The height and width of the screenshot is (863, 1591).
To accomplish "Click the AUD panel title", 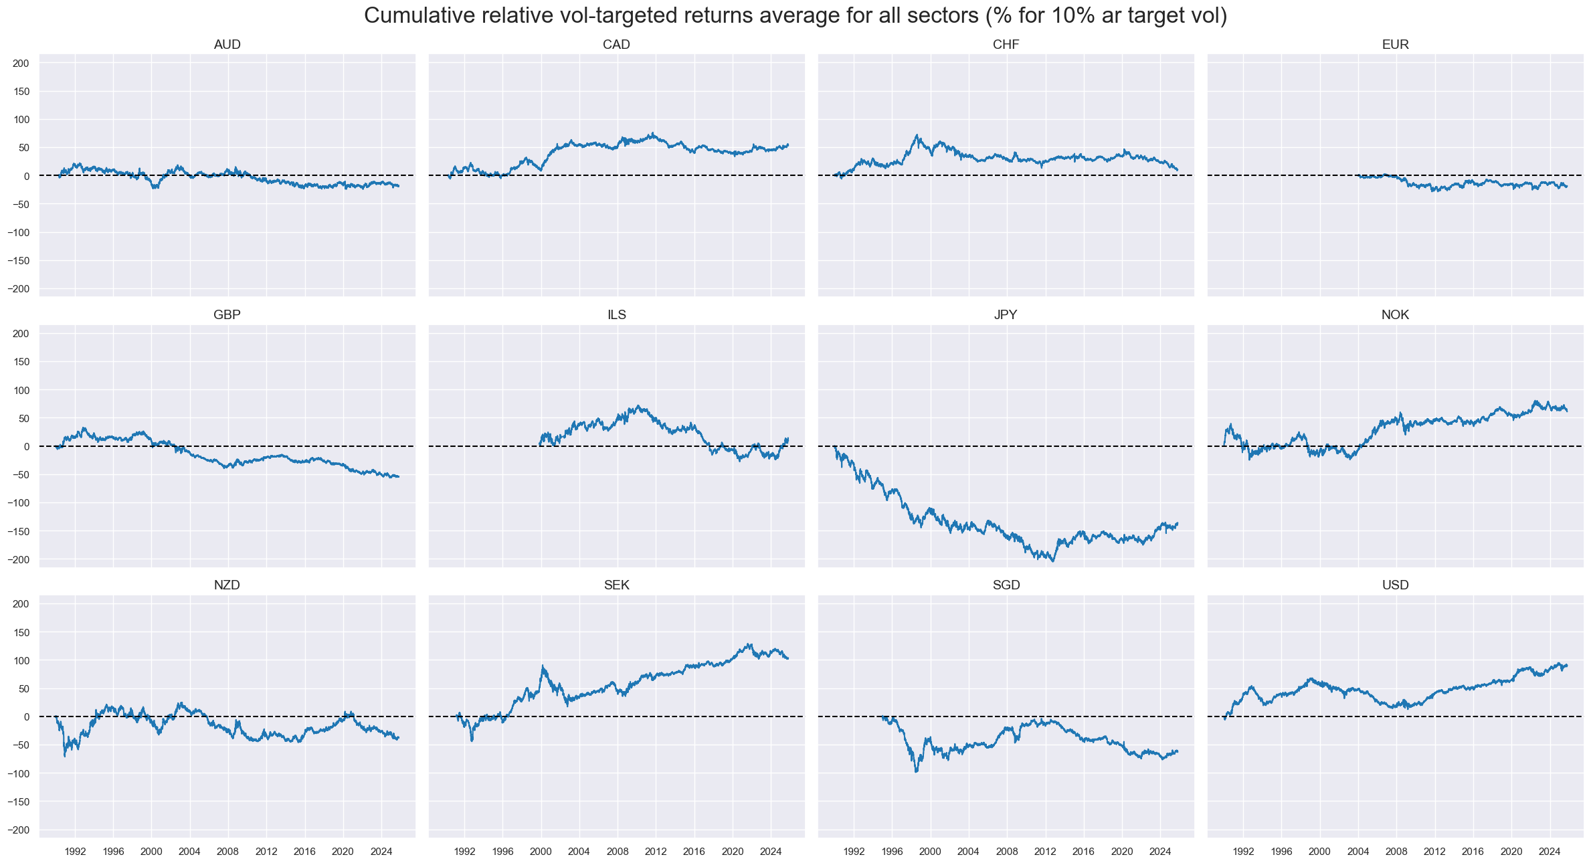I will click(x=227, y=45).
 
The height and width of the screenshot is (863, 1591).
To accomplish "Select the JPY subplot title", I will click(x=1006, y=315).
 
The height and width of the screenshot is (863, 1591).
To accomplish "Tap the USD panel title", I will click(x=1395, y=585).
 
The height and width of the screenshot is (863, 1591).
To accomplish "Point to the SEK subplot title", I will click(x=616, y=585).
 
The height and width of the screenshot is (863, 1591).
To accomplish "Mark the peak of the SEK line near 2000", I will click(x=543, y=666).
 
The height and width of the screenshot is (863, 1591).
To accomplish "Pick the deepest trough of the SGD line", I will click(x=916, y=772).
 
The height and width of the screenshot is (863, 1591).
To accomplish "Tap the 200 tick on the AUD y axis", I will click(x=21, y=64).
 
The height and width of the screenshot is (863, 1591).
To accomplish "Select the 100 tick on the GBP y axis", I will click(x=21, y=390).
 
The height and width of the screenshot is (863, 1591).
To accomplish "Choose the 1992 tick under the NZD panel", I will click(x=75, y=852).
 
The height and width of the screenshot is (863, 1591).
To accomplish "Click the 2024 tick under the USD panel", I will click(x=1549, y=852).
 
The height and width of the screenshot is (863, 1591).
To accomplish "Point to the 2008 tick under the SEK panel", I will click(x=618, y=852).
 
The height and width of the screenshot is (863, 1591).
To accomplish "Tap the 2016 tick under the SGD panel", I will click(x=1083, y=852).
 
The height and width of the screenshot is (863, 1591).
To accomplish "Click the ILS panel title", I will click(x=616, y=315).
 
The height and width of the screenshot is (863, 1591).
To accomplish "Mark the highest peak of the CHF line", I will click(x=917, y=135).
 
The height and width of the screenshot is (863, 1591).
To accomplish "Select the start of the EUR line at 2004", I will click(x=1358, y=176).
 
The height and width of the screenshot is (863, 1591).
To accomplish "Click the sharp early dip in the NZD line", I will click(x=65, y=756).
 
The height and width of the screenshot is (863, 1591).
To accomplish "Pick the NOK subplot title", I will click(x=1395, y=315).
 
